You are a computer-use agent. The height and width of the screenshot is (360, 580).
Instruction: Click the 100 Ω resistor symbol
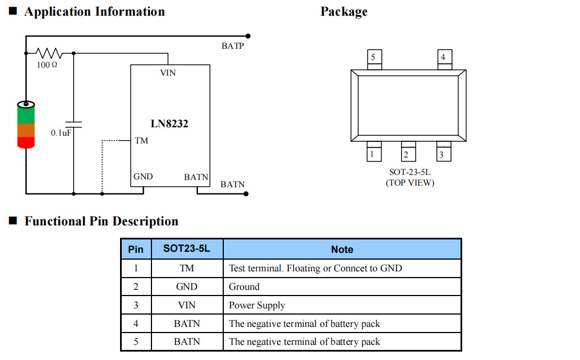[x=49, y=53]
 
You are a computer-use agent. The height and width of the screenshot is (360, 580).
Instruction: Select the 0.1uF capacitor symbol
[x=73, y=124]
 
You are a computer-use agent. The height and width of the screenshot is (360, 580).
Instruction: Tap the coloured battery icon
[x=26, y=124]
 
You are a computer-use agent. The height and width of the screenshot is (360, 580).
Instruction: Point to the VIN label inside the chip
[x=168, y=73]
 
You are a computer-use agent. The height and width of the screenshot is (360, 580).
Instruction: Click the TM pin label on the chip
[x=141, y=140]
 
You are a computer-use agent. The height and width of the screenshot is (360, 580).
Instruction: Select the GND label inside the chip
[x=143, y=177]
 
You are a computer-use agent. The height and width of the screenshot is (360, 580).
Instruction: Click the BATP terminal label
[x=232, y=46]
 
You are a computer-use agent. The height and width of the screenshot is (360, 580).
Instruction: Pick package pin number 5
[x=374, y=57]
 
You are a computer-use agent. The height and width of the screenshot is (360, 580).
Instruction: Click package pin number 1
[x=372, y=154]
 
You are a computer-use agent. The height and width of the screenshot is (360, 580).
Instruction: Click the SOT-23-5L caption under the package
[x=409, y=173]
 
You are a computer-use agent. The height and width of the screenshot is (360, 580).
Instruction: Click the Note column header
[x=342, y=250]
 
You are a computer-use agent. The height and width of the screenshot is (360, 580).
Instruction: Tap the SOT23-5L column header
[x=187, y=249]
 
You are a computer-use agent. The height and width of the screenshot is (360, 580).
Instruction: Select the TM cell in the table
[x=187, y=268]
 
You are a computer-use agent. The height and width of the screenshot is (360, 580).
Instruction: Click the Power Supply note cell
[x=257, y=305]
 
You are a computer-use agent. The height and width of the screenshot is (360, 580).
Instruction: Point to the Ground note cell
[x=244, y=287]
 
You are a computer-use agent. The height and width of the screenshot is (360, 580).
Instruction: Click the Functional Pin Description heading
[x=101, y=221]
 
